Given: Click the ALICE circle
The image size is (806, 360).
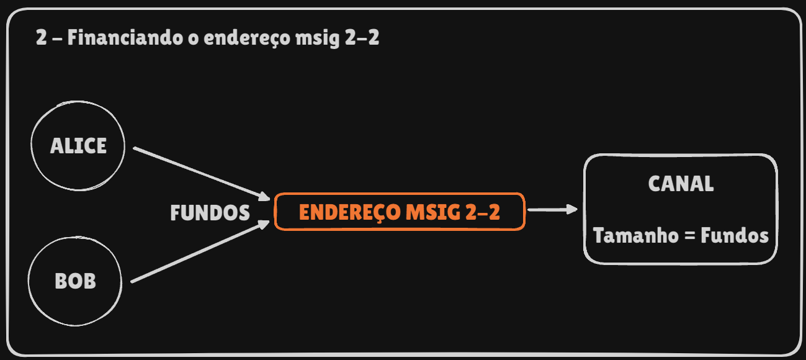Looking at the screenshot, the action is click(x=78, y=146).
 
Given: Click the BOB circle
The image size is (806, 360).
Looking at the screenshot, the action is click(x=75, y=281).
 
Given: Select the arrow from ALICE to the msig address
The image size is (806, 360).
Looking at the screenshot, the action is click(x=199, y=173).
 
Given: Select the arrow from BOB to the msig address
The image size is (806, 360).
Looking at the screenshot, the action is click(x=199, y=252).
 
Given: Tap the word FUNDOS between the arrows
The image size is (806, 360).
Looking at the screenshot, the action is click(x=210, y=214).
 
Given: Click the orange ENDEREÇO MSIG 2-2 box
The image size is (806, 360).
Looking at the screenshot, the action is click(x=400, y=212).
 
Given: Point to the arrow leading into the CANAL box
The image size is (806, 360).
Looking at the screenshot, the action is click(x=551, y=210).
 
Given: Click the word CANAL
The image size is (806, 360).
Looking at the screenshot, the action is click(x=681, y=184).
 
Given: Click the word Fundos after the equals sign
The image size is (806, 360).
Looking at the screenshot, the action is click(x=735, y=236).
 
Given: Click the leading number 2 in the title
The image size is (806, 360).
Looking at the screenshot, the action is click(x=41, y=38).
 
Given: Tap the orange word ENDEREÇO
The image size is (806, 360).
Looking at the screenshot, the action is click(x=349, y=212).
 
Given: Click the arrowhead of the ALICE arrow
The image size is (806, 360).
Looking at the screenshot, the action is click(x=265, y=196).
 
